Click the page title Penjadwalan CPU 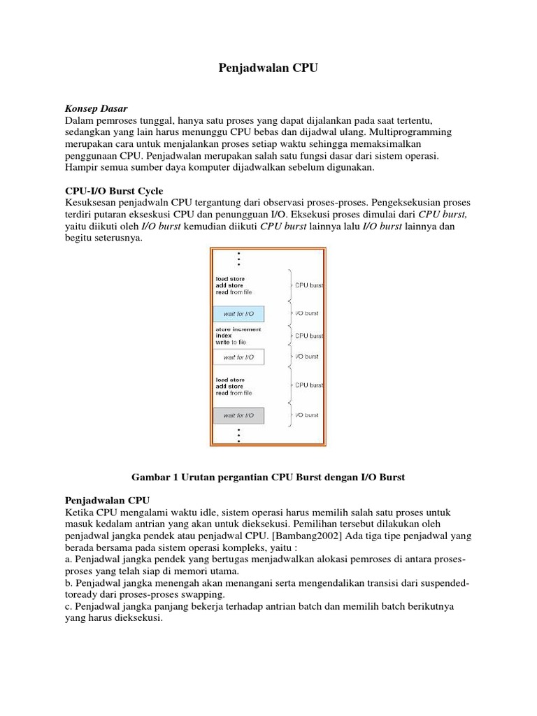tap(268, 70)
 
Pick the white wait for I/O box tap(238, 357)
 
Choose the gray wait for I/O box tap(238, 416)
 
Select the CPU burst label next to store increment tap(308, 336)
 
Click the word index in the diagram tap(224, 336)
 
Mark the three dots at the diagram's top tap(239, 259)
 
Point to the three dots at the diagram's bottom tap(239, 435)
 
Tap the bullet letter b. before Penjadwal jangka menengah tap(69, 583)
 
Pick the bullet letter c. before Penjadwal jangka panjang tap(69, 607)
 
